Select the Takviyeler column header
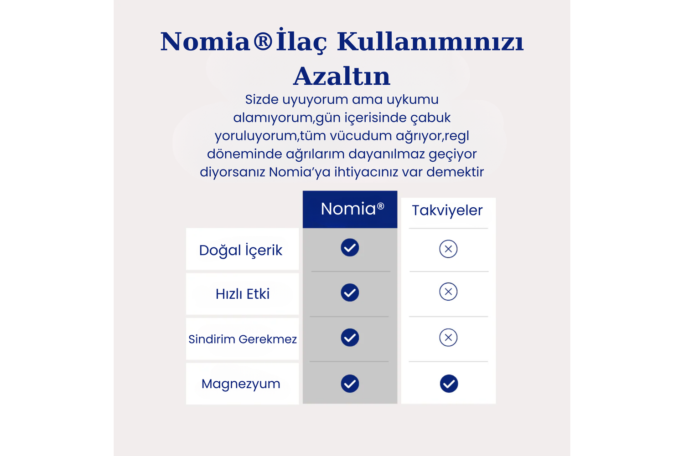(447, 210)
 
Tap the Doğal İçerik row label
(241, 250)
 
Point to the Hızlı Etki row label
(243, 294)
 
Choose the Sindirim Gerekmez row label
(243, 339)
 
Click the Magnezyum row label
(241, 384)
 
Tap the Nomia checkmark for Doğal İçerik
(350, 247)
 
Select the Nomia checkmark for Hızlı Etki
(350, 292)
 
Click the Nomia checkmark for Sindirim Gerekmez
(350, 338)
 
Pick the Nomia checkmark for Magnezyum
(350, 384)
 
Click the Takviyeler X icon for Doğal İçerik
(448, 249)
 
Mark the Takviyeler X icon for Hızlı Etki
(448, 292)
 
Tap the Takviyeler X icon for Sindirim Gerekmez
(448, 338)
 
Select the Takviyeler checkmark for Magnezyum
(449, 384)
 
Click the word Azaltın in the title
(342, 76)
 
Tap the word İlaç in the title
(301, 42)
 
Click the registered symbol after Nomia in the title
(263, 41)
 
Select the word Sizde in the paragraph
(262, 99)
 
